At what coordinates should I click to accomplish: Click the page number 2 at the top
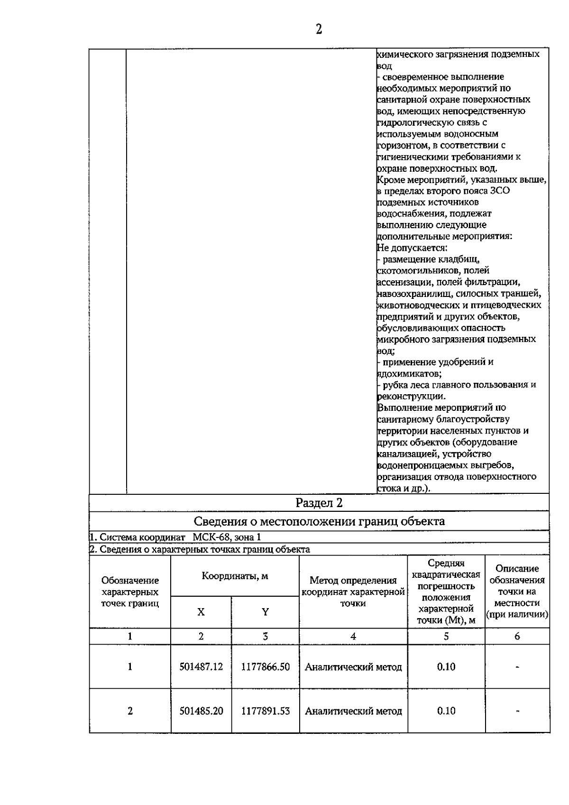click(319, 29)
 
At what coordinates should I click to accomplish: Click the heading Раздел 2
click(319, 503)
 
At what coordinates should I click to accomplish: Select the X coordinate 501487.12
click(201, 666)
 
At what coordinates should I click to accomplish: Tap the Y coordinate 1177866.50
click(265, 666)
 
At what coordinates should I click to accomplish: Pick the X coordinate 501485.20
click(201, 711)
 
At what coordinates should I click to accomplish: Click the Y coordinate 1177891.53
click(265, 711)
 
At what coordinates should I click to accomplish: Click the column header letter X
click(201, 612)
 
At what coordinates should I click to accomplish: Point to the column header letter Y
click(265, 612)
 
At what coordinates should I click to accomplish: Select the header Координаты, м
click(235, 576)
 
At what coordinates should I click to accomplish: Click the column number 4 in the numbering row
click(353, 637)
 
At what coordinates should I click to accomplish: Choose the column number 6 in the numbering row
click(517, 637)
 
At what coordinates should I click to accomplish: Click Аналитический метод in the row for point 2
click(353, 711)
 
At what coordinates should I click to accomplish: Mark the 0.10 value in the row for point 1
click(446, 666)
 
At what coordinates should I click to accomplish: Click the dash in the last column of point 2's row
click(517, 711)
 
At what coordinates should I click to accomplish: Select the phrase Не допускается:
click(412, 248)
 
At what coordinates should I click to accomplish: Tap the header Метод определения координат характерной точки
click(353, 592)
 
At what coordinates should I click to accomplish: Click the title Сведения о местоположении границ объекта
click(319, 521)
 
